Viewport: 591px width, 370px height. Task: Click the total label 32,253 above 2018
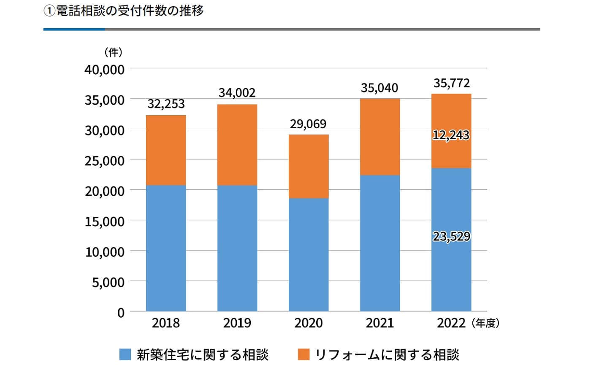(x=166, y=104)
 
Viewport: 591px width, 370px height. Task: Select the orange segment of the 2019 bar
(x=237, y=145)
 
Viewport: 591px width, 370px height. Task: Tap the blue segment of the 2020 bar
(x=308, y=254)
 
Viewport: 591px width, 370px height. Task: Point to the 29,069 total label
(x=308, y=124)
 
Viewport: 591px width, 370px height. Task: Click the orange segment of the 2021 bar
(x=380, y=137)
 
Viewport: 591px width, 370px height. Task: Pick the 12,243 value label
(x=451, y=135)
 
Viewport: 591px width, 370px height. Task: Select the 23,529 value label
(x=451, y=236)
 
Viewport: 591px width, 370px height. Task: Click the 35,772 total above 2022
(x=451, y=84)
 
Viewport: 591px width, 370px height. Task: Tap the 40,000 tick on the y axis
(x=104, y=70)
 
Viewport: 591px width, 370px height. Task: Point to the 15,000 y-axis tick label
(x=104, y=221)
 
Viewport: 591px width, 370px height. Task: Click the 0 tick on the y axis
(x=121, y=313)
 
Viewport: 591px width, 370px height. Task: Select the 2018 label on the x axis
(x=165, y=323)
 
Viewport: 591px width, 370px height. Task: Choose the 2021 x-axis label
(x=380, y=323)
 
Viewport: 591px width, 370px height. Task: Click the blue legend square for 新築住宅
(x=125, y=354)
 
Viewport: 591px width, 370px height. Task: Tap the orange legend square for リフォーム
(x=304, y=354)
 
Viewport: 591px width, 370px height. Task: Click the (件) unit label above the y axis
(x=113, y=52)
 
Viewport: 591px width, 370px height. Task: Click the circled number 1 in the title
(x=49, y=11)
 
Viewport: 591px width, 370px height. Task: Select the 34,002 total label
(x=237, y=93)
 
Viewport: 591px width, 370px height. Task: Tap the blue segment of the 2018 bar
(x=166, y=248)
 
